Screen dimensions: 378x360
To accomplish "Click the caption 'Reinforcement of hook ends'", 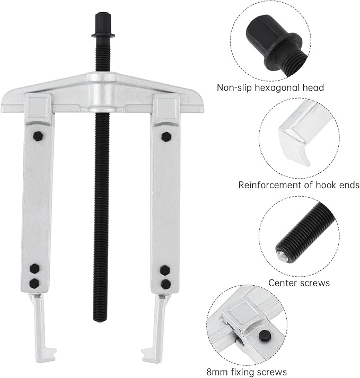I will click(x=299, y=185).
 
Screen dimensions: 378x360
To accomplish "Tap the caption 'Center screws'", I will click(x=298, y=283).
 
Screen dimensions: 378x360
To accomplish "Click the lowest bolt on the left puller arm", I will click(x=34, y=284).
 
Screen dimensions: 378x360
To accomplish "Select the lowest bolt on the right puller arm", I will click(x=165, y=284).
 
